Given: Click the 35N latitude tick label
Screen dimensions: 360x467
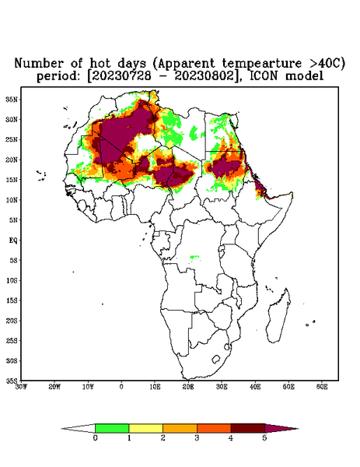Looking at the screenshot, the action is point(12,99).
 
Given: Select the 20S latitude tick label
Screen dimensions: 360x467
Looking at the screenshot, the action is point(12,321).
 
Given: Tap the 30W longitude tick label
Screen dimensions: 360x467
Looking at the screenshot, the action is point(21,387).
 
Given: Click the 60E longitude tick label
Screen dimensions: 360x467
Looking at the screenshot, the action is point(322,387).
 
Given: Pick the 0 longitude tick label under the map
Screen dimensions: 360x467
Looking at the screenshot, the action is point(121,387).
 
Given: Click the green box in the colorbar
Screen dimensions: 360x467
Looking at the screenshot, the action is point(112,428).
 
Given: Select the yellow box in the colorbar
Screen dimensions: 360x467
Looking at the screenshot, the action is point(145,428).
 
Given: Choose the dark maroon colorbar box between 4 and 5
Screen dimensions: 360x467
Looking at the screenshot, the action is point(248,428).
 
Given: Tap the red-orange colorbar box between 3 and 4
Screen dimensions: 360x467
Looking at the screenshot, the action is point(214,428).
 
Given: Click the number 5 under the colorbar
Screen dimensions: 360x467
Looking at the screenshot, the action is point(264,438).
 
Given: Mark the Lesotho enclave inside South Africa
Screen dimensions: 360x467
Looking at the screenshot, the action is point(216,359).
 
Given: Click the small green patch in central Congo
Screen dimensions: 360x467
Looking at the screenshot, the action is point(194,258).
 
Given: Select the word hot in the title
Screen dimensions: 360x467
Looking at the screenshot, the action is point(100,64).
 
